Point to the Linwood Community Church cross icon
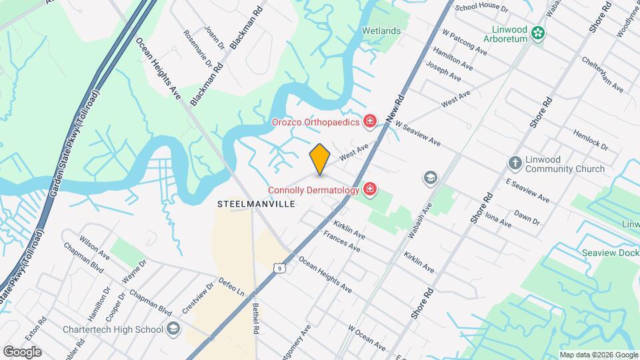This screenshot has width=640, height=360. coord(515,163)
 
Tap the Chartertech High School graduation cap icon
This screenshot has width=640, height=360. coord(173,329)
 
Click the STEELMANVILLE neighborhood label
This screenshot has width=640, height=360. coord(256,204)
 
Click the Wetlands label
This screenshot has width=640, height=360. coord(381,31)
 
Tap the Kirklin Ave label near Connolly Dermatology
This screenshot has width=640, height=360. coord(349,230)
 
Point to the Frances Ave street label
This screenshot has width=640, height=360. coord(341,241)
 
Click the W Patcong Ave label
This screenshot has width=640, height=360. coord(465,40)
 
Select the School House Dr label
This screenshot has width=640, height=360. coord(481,9)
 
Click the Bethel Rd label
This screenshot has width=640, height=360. coord(255,318)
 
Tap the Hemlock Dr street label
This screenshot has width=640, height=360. coord(590,139)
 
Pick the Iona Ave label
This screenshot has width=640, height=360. coord(498,220)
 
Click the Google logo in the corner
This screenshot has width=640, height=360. coord(22,351)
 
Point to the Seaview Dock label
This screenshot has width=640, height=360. coord(610,253)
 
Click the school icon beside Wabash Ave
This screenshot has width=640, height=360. coord(430,178)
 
